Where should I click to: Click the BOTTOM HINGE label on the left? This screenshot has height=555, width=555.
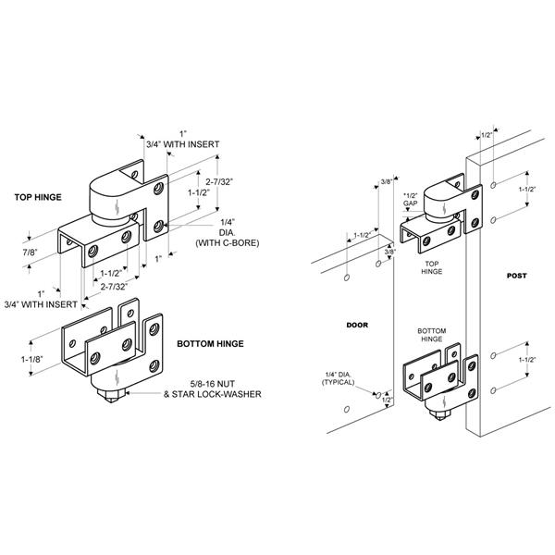pos(210,343)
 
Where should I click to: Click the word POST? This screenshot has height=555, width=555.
pos(518,277)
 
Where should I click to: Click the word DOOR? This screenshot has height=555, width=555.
pos(357,325)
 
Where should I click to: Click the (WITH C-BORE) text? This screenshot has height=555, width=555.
pos(228,243)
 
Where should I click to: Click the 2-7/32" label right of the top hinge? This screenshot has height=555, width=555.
pos(220,183)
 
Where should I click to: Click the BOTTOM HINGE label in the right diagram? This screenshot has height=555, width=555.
pos(431,334)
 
